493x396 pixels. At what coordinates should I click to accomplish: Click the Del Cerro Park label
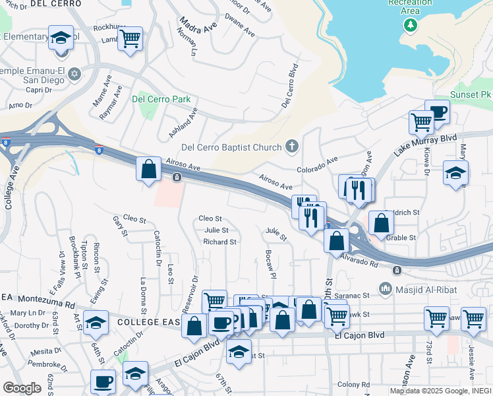[161, 100]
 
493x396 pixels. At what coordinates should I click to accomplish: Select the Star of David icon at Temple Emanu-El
[74, 73]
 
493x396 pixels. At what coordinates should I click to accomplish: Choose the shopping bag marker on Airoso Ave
[149, 168]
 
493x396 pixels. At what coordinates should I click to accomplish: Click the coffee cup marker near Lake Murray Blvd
[436, 111]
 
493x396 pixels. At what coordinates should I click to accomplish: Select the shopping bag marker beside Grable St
[381, 222]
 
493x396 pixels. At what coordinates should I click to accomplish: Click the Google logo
[22, 387]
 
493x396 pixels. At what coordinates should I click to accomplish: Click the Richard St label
[219, 242]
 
